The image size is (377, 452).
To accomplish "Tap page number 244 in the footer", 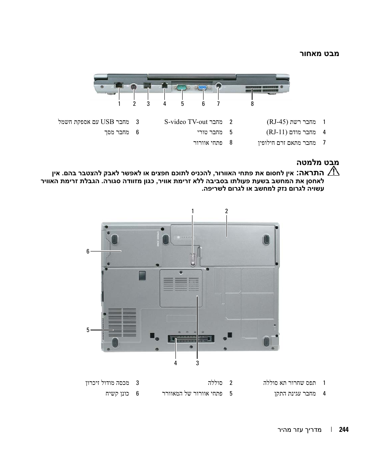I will click(344, 429).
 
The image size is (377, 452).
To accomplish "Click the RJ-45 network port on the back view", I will click(119, 85).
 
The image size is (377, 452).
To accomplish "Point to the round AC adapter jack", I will click(219, 86).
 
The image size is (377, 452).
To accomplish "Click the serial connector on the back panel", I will click(182, 87).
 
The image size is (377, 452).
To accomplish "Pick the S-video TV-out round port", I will click(134, 87).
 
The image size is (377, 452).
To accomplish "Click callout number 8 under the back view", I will click(252, 104).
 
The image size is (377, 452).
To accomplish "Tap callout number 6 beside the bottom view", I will click(88, 251).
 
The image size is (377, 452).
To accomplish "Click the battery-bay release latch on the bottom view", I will click(192, 259).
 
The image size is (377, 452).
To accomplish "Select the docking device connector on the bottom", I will click(191, 339).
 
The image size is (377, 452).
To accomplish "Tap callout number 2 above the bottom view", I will click(226, 211).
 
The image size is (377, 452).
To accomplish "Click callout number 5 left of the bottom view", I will click(88, 330).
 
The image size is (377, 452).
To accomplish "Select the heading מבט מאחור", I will click(320, 53).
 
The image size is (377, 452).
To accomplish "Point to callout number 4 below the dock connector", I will click(175, 363).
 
